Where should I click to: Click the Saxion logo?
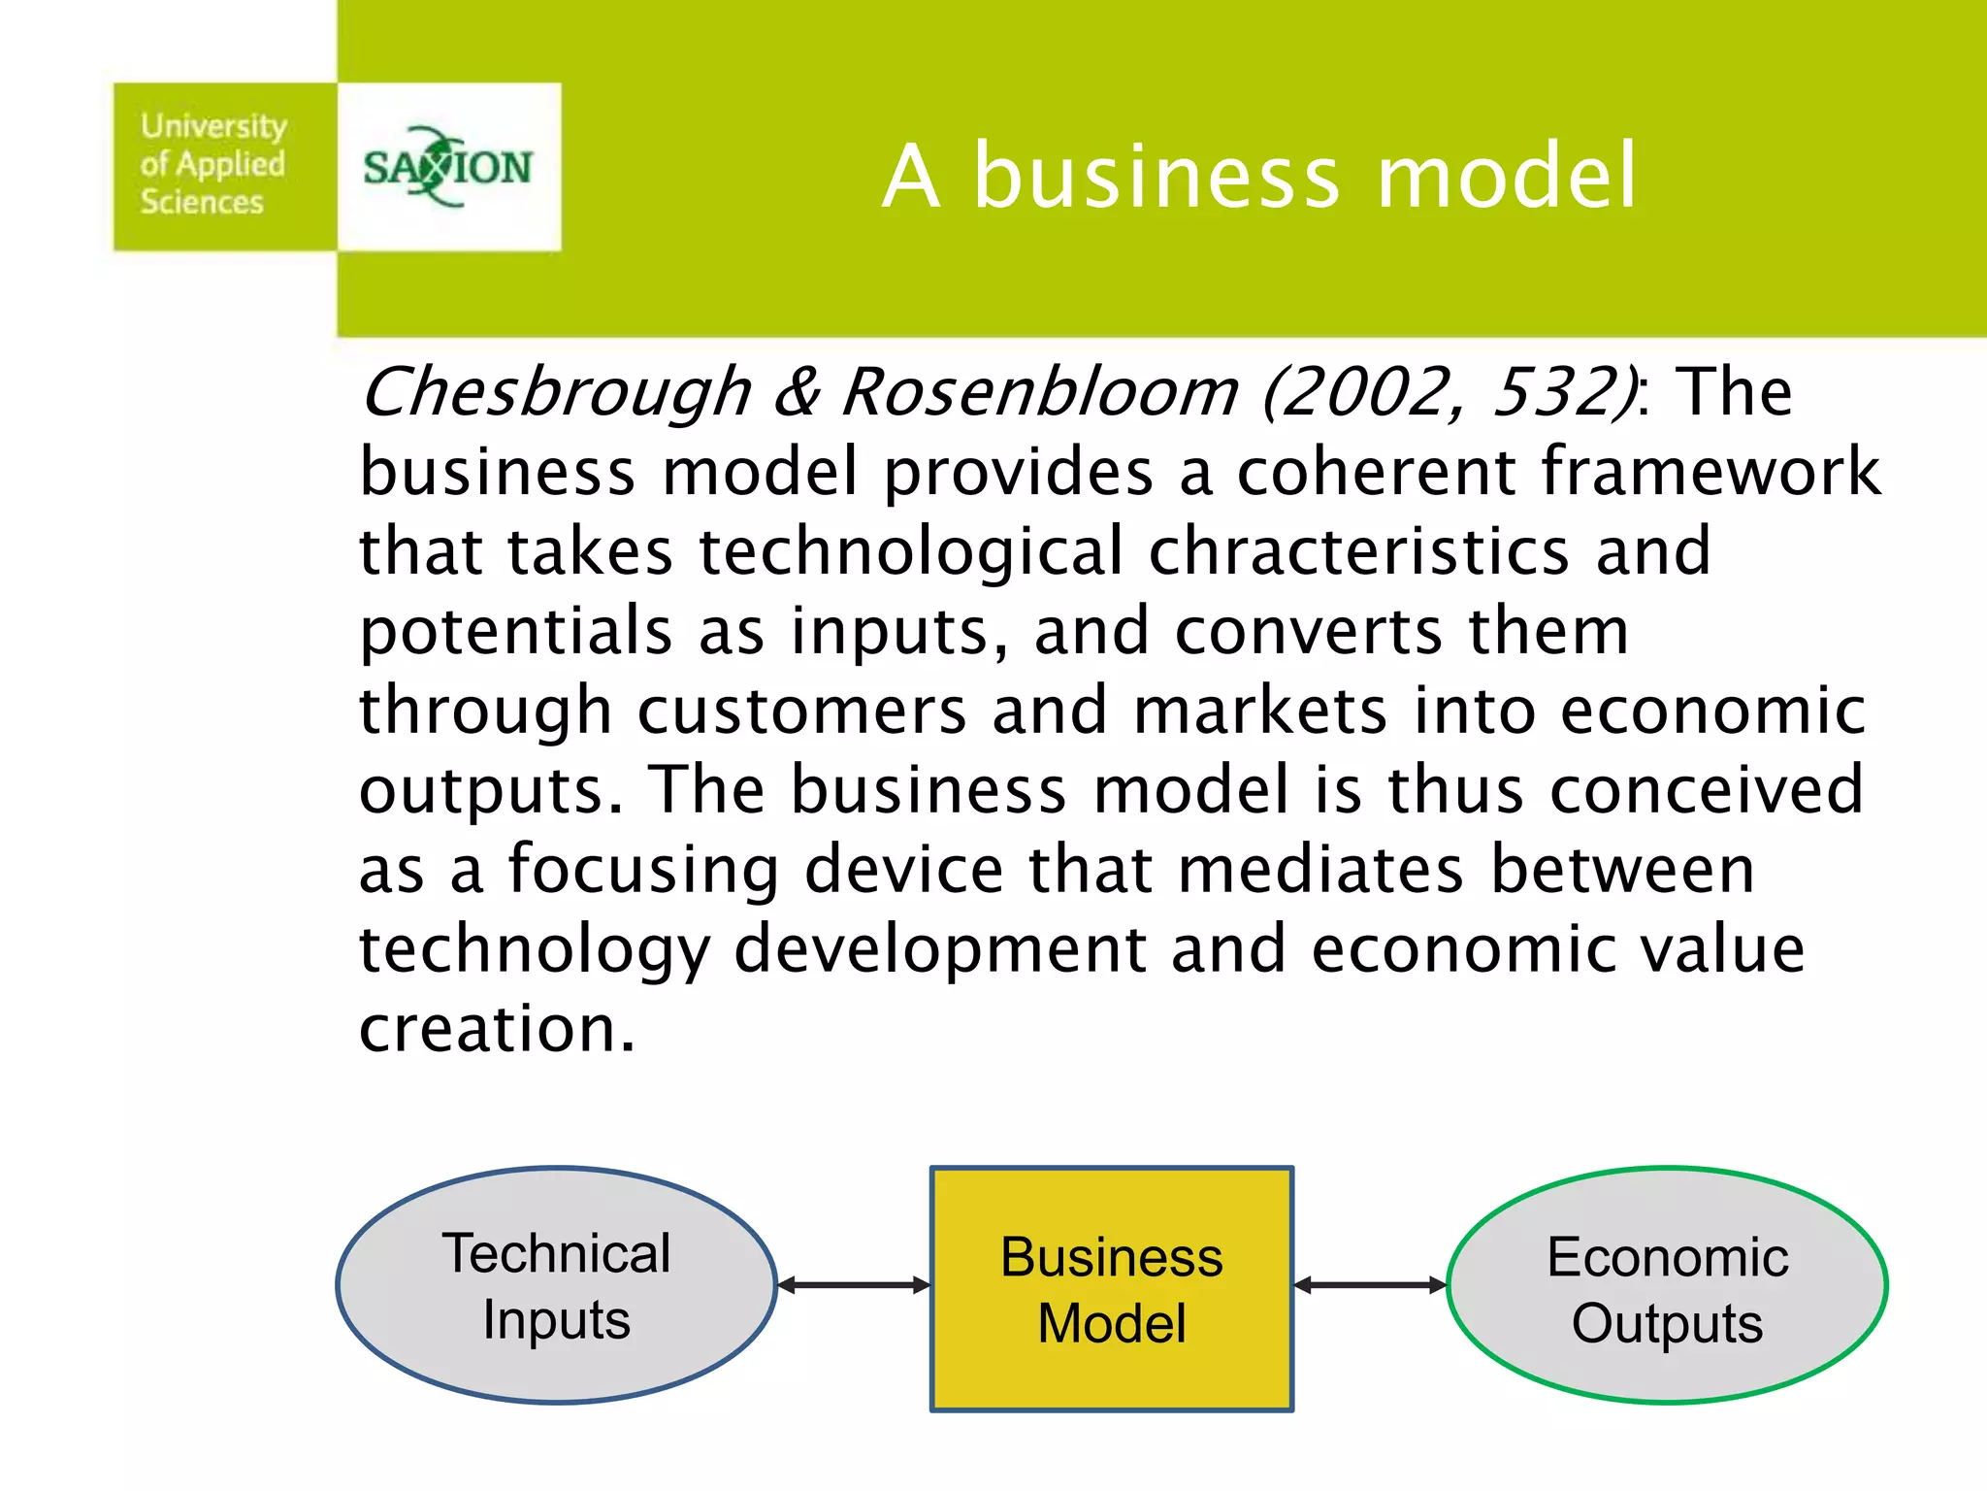coord(448,167)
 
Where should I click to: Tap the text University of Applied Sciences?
coord(213,164)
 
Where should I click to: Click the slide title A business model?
coord(1259,177)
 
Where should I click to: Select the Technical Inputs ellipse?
coord(556,1285)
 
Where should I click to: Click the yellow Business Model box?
coord(1111,1289)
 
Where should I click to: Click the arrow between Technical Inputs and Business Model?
coord(854,1285)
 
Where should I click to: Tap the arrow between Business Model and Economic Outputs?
coord(1370,1285)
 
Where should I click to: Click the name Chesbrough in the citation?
coord(557,393)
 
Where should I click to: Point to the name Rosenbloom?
coord(1040,393)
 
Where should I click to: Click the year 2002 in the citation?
coord(1362,393)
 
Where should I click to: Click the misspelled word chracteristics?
coord(1358,551)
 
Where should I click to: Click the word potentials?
coord(515,632)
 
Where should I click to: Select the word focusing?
coord(643,871)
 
